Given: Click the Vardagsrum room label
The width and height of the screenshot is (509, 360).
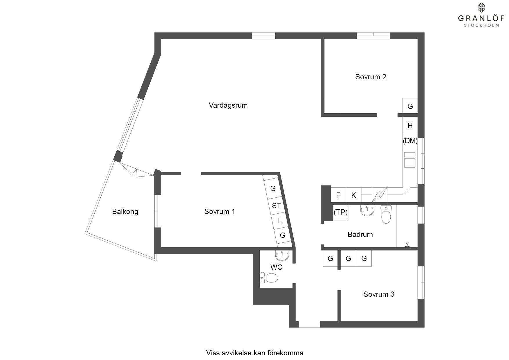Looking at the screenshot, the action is pos(228,105).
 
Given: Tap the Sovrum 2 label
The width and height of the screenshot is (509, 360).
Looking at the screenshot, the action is pos(371,77).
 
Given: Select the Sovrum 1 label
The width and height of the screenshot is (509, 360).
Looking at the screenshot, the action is pos(219,211).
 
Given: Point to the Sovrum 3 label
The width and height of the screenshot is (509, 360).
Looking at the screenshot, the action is pos(379,294).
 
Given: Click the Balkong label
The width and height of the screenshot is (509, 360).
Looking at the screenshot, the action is pos(125,211).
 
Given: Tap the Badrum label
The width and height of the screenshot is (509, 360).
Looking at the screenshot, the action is pos(360,234).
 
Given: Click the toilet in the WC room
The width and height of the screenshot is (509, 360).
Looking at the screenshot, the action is pos(269,278).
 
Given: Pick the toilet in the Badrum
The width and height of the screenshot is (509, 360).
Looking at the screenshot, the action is pos(386,214).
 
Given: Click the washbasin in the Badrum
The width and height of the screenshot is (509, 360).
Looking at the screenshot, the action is pos(367,211).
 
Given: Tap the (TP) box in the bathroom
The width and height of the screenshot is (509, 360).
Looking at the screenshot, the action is pos(340,212).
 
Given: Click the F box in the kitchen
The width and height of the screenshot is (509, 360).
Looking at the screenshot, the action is pos(338,195).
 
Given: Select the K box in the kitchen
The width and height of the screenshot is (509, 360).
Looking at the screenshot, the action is pos(353,195).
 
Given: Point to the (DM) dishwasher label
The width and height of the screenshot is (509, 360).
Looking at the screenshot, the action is pos(410,141).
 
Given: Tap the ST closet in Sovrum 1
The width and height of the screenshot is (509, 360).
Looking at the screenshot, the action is pos(276,206).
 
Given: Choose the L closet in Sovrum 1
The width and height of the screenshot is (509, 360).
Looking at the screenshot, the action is pos(279,221).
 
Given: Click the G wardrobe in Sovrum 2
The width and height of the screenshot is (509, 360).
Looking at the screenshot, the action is pos(410,106).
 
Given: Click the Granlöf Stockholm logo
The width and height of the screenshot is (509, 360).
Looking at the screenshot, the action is pos(478,15).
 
